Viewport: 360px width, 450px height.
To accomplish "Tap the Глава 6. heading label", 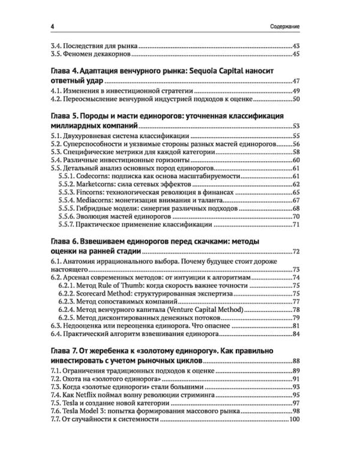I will [x=67, y=241].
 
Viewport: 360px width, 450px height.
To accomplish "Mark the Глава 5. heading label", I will [x=67, y=116].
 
